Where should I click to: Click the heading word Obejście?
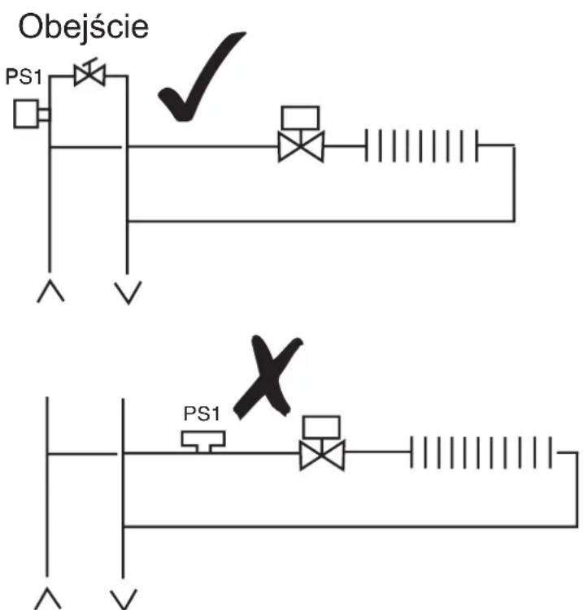point(83,28)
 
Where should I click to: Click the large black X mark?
point(268,378)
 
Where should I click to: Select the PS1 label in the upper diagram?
point(24,76)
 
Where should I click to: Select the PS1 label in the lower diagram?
point(202,413)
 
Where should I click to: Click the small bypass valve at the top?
point(89,74)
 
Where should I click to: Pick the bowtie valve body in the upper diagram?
point(301,147)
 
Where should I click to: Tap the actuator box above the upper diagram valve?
point(300,118)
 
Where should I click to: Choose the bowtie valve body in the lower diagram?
point(322,455)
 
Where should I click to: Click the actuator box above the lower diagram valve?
point(321,427)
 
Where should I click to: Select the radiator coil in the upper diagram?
point(421,146)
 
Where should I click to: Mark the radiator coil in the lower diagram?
point(481,452)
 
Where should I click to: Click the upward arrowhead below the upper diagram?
point(50,291)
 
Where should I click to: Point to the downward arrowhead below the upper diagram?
point(128,292)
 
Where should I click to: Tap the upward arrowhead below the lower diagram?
point(47,599)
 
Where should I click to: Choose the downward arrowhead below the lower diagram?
point(124,599)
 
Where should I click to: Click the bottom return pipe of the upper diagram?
point(321,222)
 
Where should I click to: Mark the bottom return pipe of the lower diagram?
point(350,527)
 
